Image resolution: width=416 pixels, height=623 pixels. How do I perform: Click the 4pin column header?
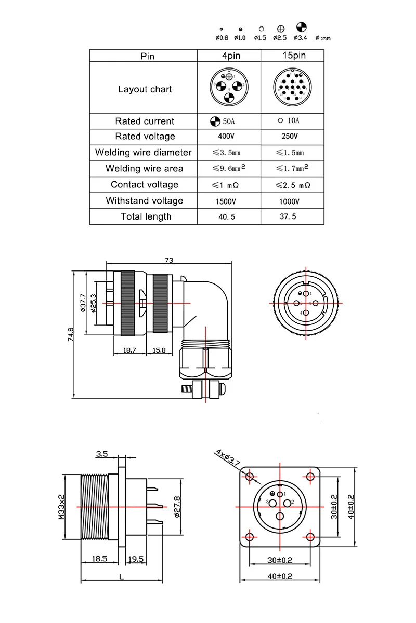(228, 56)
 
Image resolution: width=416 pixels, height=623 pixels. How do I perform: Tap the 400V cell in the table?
(228, 137)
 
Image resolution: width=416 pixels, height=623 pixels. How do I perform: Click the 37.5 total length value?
(288, 217)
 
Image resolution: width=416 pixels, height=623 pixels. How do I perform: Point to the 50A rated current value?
(227, 121)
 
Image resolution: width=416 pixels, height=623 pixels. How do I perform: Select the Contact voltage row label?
(144, 185)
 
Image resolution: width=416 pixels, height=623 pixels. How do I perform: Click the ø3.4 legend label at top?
(301, 38)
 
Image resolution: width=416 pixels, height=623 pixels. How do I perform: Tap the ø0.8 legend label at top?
(222, 38)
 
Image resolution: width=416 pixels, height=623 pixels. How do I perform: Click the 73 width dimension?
(168, 260)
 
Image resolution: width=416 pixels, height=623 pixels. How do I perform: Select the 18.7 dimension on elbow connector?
(129, 351)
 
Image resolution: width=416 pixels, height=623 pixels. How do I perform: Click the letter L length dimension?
(121, 577)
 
